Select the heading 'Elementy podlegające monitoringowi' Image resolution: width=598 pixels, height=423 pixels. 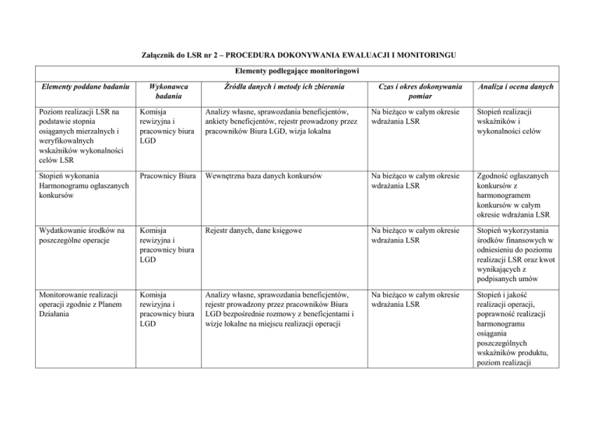(299, 72)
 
